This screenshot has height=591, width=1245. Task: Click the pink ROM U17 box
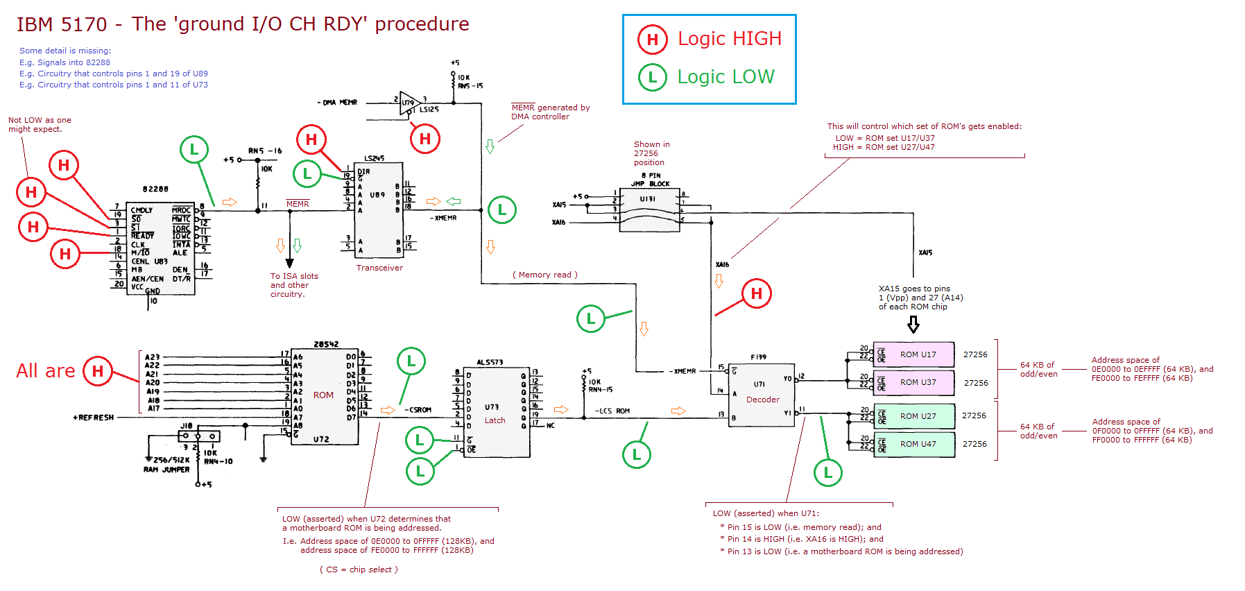click(x=914, y=354)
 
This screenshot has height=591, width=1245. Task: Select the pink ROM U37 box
click(x=914, y=382)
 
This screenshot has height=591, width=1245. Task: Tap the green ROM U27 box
click(x=914, y=416)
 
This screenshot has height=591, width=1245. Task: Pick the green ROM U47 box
click(x=914, y=444)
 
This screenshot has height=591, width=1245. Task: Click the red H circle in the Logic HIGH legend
click(x=652, y=40)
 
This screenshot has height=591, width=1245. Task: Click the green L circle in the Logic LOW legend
click(x=652, y=77)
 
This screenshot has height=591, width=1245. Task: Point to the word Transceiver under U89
click(x=379, y=268)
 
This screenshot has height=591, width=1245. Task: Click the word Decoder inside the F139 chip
click(x=762, y=400)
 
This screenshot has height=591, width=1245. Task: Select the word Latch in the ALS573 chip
click(x=495, y=420)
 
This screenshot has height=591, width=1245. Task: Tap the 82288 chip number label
click(x=155, y=189)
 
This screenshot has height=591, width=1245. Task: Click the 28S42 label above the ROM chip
click(x=326, y=344)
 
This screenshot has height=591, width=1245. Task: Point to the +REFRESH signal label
click(x=93, y=418)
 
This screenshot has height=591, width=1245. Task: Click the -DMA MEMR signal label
click(x=337, y=103)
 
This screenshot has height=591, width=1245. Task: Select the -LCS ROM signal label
click(x=612, y=411)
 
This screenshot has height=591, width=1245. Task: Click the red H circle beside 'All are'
click(x=97, y=371)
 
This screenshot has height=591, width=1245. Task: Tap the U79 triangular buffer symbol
click(x=409, y=103)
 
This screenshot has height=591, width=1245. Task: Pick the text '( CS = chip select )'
click(x=359, y=569)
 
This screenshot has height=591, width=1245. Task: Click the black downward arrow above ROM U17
click(x=913, y=324)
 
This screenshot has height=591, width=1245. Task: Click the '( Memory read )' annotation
click(x=544, y=275)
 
